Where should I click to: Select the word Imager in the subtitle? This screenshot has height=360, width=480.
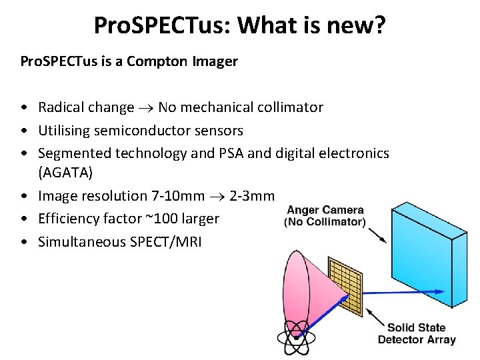pos(215,61)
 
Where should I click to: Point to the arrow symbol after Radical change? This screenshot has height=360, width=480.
pos(146,108)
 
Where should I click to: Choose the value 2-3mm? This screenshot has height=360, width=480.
pos(251,196)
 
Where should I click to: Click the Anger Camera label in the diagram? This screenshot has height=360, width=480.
pos(325,215)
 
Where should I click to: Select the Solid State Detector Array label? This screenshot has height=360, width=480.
pos(417,333)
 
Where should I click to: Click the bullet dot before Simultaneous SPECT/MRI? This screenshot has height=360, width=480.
pos(24,242)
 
